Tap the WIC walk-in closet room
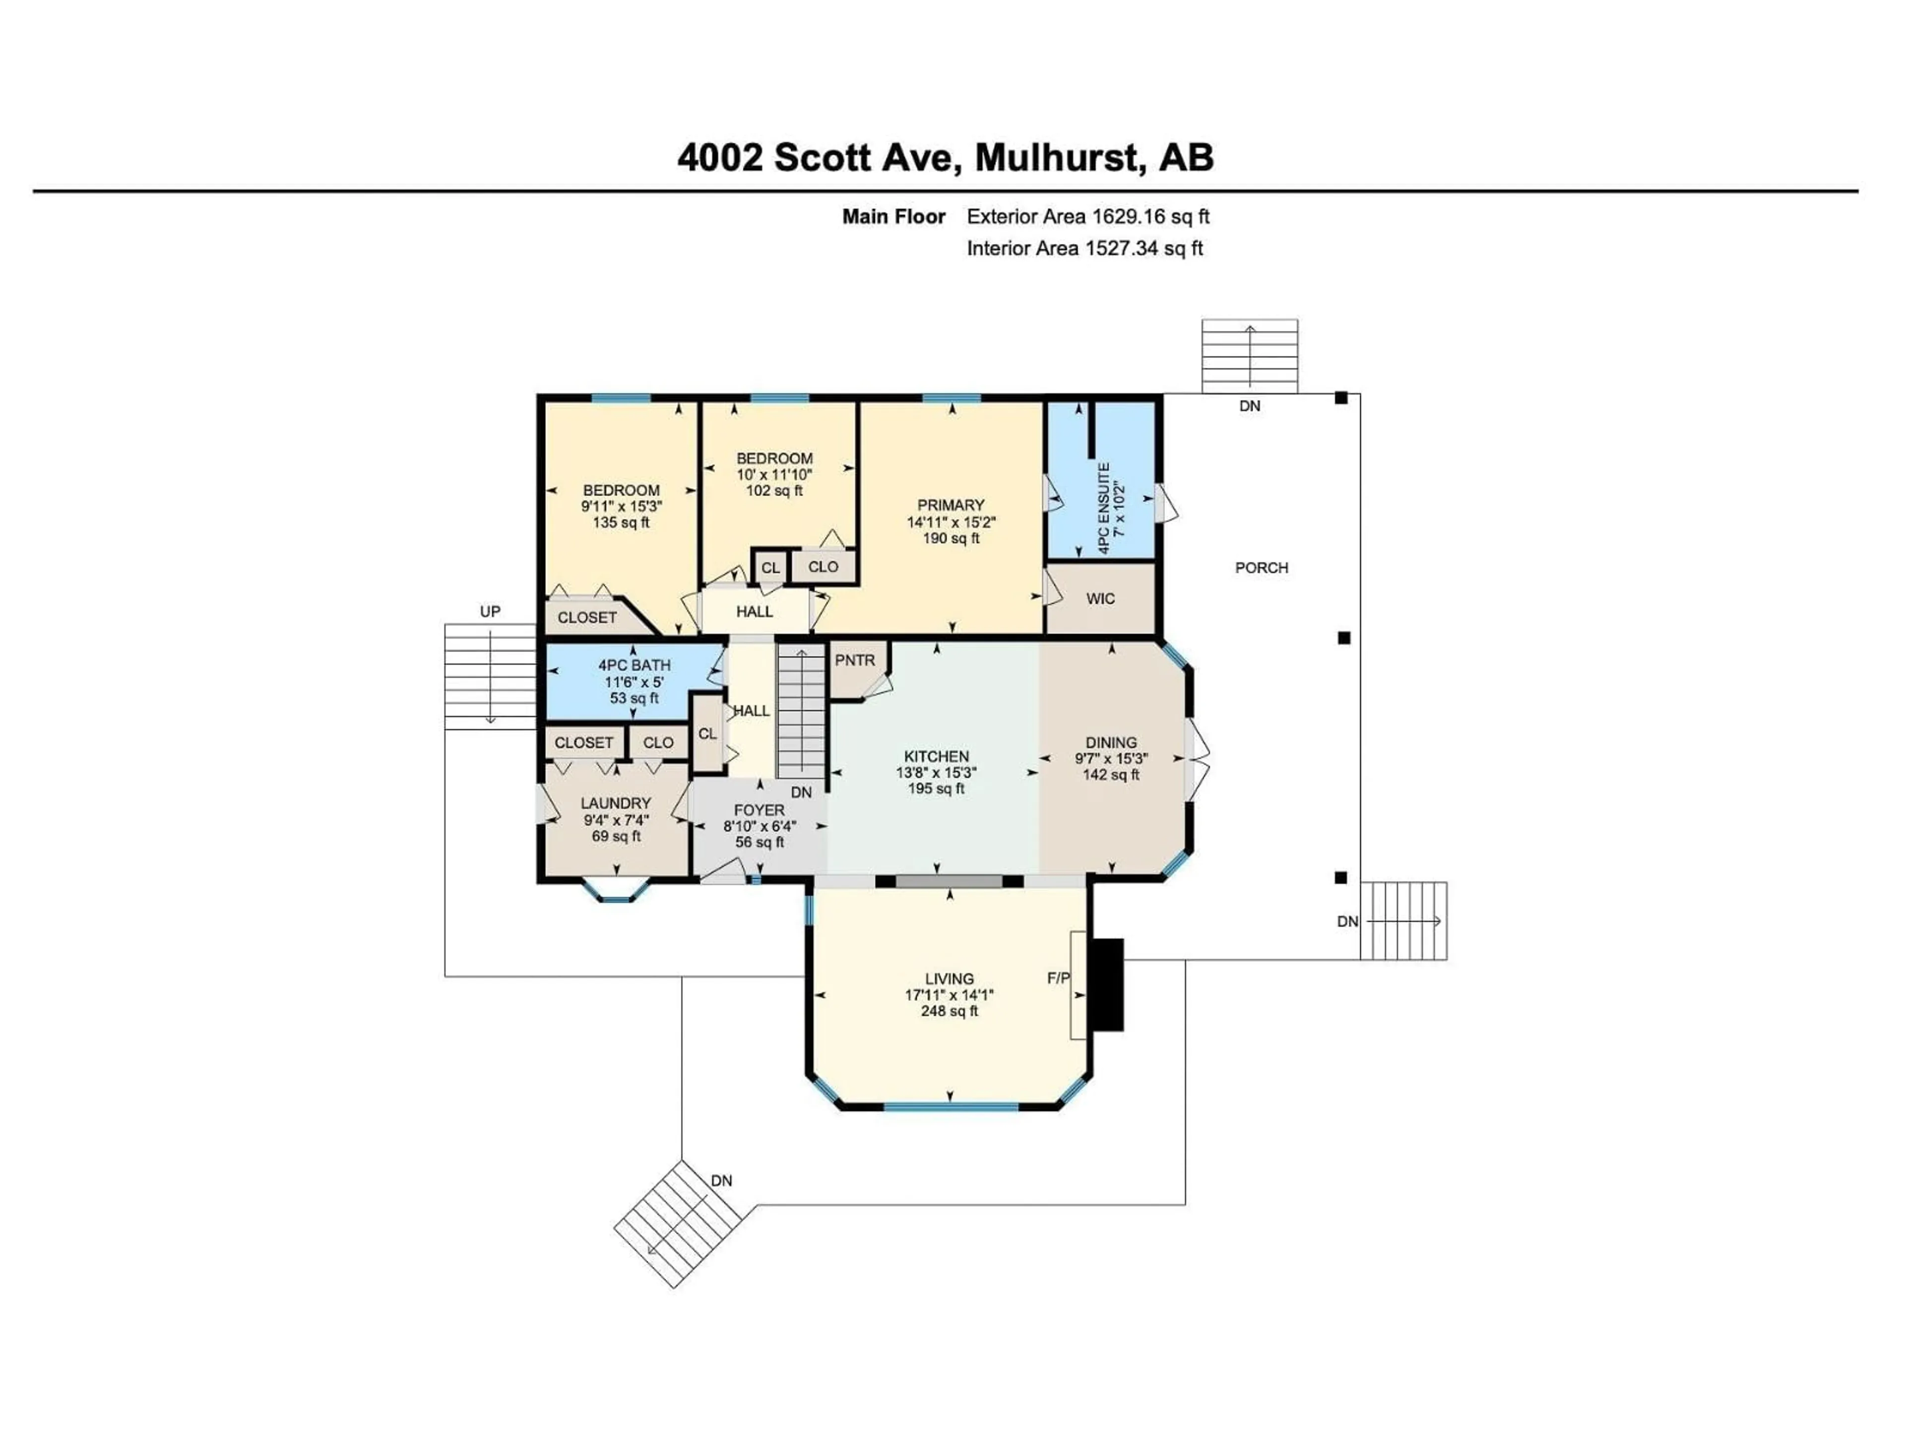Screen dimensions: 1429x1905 coord(1100,599)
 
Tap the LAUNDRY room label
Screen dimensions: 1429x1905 coord(615,803)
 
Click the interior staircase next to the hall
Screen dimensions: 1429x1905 coord(802,712)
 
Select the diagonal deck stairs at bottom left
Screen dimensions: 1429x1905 coord(677,1223)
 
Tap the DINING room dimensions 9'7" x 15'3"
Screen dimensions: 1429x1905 coord(1110,759)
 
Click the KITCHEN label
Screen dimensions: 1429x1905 coord(936,756)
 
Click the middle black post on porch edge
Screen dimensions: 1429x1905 coord(1343,638)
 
